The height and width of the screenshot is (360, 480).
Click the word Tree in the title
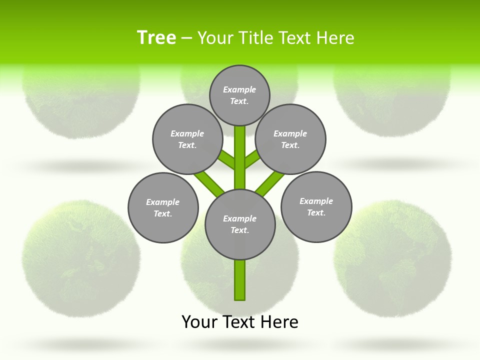(x=156, y=37)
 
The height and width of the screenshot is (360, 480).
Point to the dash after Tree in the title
(x=187, y=38)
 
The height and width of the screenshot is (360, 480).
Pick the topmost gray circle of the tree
(x=239, y=95)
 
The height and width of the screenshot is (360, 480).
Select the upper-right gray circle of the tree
(x=290, y=139)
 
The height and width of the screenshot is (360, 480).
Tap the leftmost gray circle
(x=163, y=207)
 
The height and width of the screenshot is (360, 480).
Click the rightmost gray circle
(x=316, y=206)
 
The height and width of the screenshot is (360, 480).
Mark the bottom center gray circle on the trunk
(x=240, y=224)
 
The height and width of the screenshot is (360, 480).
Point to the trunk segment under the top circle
(x=240, y=155)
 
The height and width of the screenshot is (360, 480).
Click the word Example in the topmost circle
(x=239, y=89)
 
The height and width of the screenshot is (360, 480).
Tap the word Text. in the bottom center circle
(x=239, y=230)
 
